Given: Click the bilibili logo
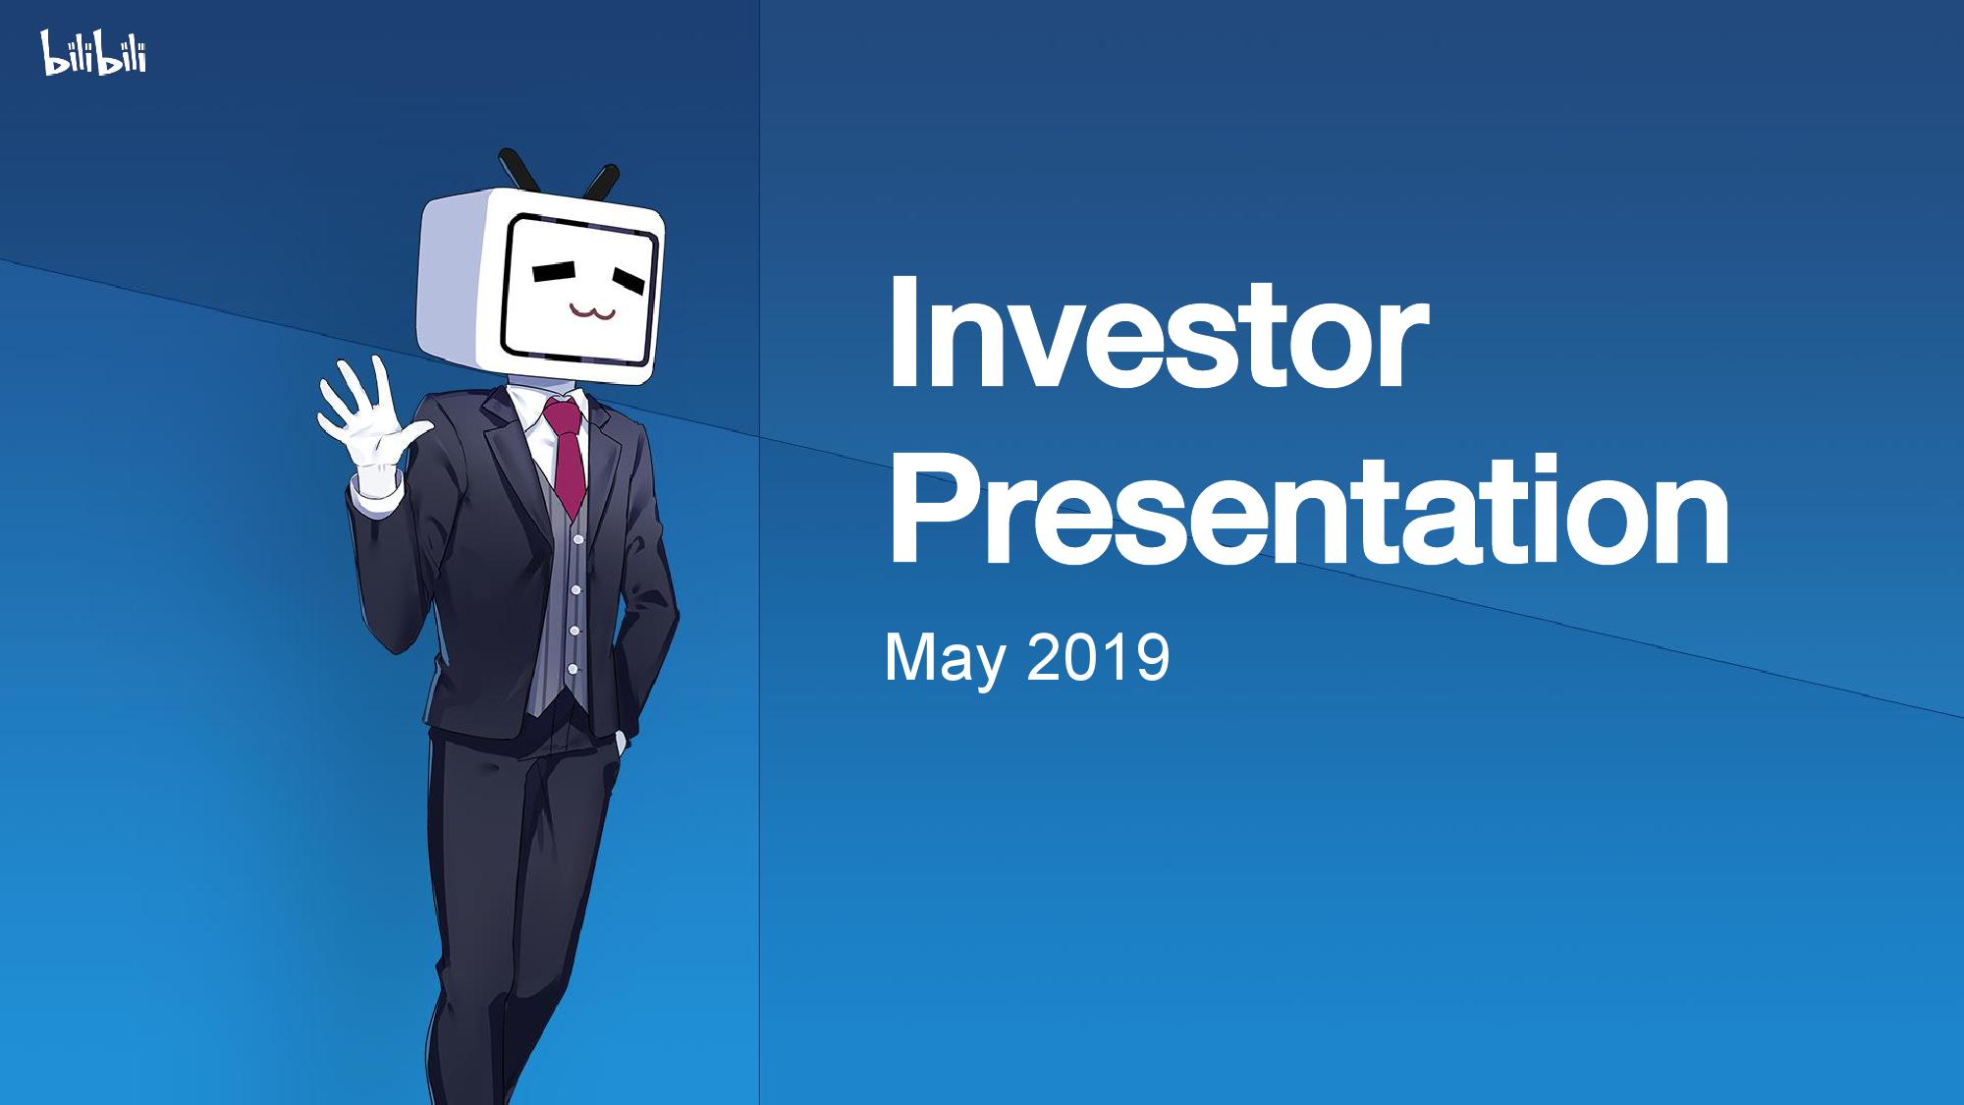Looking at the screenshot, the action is (94, 53).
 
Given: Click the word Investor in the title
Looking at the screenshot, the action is (1157, 334).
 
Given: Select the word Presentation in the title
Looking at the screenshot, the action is (1308, 512).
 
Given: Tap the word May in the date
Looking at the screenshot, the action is (944, 659).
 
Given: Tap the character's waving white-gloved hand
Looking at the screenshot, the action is (368, 417).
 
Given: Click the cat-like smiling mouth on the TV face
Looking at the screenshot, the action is (591, 311).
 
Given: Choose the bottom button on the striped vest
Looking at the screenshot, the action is (573, 669).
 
